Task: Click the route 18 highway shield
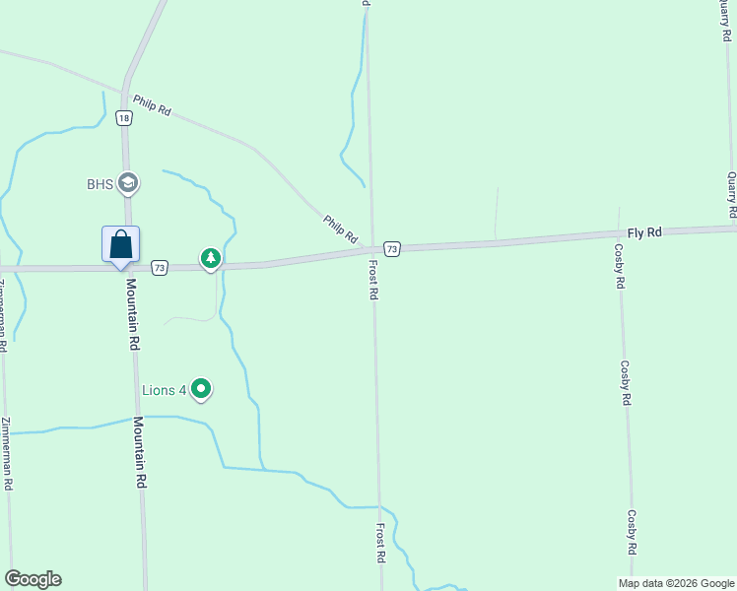click(123, 118)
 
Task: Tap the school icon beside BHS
click(127, 182)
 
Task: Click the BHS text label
click(100, 183)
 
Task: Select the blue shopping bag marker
click(120, 244)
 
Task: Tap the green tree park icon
click(210, 258)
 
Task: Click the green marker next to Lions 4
click(201, 390)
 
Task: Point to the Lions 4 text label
click(165, 391)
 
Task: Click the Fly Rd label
click(644, 232)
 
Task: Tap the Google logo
click(33, 579)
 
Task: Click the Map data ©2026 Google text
click(675, 583)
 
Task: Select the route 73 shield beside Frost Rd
click(392, 249)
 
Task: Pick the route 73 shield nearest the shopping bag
click(160, 267)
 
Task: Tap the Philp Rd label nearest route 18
click(152, 105)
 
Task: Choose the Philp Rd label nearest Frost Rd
click(340, 229)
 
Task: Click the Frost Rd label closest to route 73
click(374, 281)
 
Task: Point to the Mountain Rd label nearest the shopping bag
click(132, 314)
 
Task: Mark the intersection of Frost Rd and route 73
click(372, 249)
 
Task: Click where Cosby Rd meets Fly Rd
click(620, 235)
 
